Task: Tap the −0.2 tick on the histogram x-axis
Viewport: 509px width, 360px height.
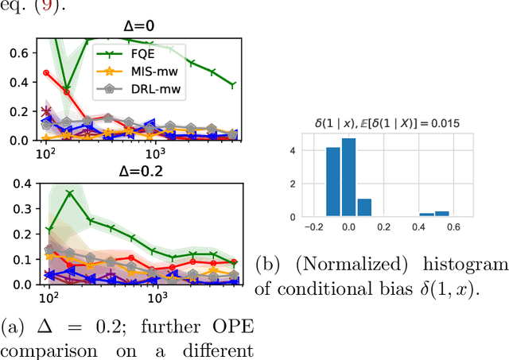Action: [x=312, y=227]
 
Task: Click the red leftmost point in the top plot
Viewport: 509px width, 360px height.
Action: [x=46, y=72]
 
